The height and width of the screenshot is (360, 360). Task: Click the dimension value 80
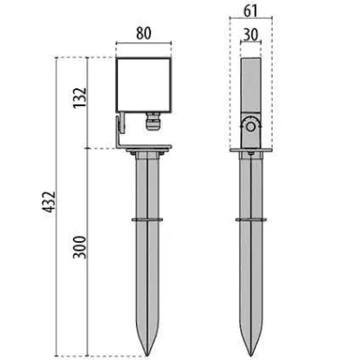click(142, 34)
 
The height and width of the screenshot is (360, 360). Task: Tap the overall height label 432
click(46, 207)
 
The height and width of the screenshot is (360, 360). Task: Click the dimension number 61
click(252, 11)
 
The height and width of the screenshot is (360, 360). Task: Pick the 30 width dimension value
click(252, 34)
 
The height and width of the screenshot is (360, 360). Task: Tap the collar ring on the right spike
click(252, 219)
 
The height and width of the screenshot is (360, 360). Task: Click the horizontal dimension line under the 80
click(142, 44)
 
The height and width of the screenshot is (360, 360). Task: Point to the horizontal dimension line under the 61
click(252, 21)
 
